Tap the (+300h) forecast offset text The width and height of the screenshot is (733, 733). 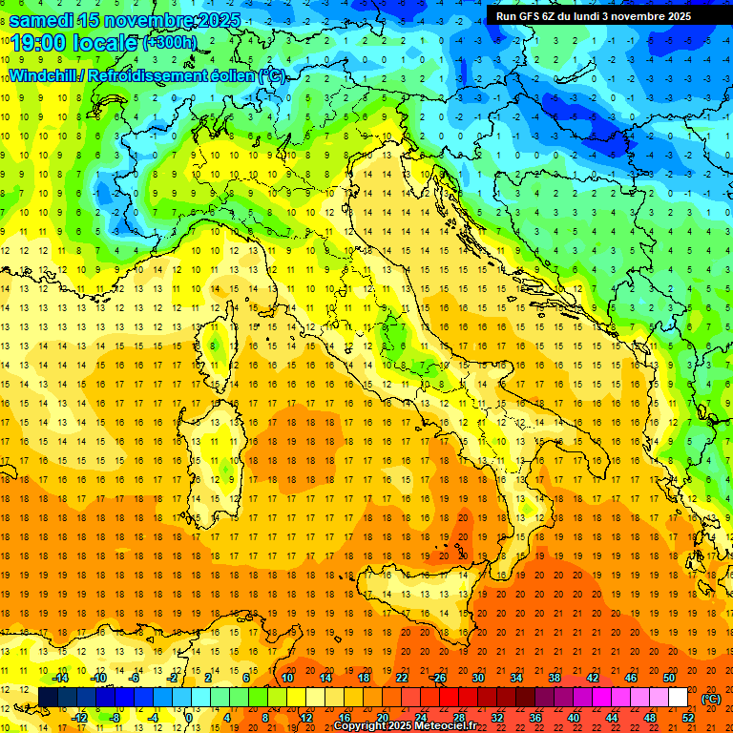click(x=171, y=43)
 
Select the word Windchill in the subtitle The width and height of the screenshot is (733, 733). click(x=43, y=75)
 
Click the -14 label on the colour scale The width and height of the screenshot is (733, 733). click(x=61, y=678)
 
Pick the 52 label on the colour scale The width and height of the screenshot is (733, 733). click(x=688, y=718)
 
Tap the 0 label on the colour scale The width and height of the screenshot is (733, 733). click(x=189, y=718)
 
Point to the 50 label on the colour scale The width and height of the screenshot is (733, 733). click(x=669, y=678)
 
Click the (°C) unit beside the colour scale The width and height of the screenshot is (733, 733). click(x=711, y=699)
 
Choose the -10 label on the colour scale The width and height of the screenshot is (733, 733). click(x=98, y=678)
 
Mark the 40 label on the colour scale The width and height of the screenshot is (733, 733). click(x=574, y=718)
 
